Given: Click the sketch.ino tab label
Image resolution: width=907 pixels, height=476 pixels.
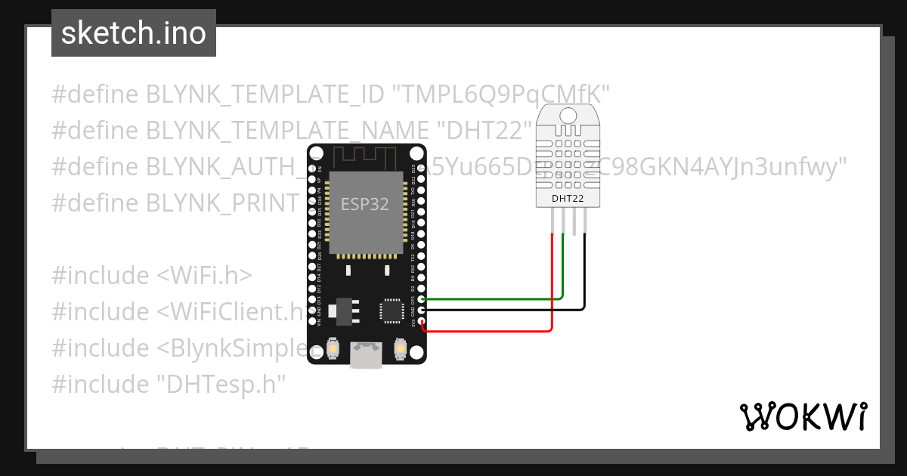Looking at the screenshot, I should click(x=134, y=33).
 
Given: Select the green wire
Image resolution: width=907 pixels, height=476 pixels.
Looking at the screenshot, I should click(x=491, y=298).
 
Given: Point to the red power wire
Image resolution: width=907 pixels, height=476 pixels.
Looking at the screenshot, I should click(x=491, y=330).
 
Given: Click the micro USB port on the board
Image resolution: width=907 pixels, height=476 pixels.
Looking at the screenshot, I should click(x=366, y=356).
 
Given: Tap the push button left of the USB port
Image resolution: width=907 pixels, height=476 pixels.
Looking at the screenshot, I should click(x=333, y=349).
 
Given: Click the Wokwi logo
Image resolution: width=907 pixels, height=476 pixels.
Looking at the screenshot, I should click(x=803, y=416).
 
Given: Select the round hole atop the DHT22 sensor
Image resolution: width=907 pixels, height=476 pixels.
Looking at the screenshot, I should click(x=569, y=115).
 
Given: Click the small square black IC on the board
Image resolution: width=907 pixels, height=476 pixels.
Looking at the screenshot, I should click(x=392, y=310).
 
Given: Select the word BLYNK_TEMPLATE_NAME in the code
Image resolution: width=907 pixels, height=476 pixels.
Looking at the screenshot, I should click(x=265, y=131).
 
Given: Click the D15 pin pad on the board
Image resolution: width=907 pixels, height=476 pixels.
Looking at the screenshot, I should click(x=422, y=299).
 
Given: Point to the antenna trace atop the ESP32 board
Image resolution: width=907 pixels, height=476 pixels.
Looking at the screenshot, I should click(x=366, y=157).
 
